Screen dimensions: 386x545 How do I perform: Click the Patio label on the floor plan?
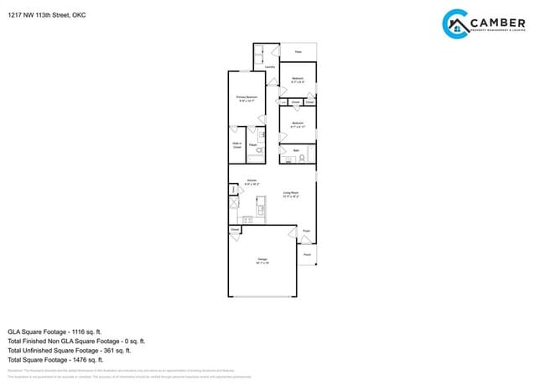coord(298,51)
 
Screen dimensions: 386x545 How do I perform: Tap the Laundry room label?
coord(269,67)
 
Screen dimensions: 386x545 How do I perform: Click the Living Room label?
coord(291,195)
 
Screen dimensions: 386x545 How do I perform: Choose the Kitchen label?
coord(252,180)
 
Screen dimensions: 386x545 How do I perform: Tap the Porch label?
coord(307,254)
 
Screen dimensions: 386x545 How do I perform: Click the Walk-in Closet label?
coord(236,145)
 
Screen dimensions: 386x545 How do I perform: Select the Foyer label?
coord(306,231)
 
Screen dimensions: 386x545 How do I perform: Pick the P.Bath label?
coord(252,144)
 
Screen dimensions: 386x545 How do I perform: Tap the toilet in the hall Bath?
coord(303,157)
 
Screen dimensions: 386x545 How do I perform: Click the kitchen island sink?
coord(261,208)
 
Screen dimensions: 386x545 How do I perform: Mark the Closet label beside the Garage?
coord(235,228)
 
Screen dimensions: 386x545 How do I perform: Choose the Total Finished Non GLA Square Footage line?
coord(76,341)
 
